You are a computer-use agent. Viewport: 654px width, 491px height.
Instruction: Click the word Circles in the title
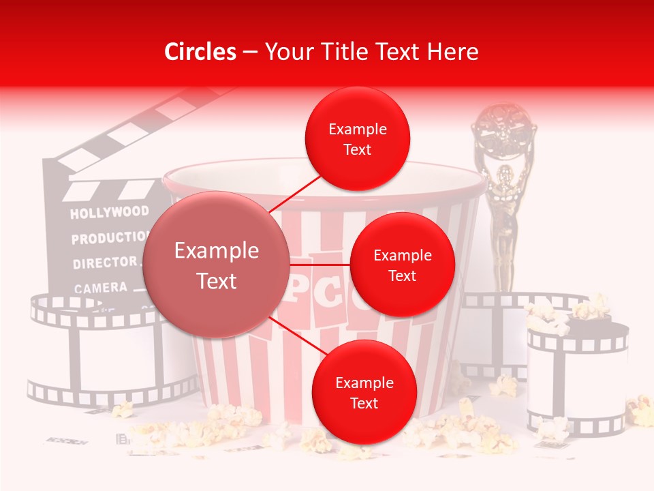pos(200,52)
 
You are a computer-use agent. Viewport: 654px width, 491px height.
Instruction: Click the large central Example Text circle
pos(217,265)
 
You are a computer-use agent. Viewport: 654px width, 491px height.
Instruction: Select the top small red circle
pos(357,139)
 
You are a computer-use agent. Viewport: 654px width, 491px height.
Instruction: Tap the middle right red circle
pos(402,265)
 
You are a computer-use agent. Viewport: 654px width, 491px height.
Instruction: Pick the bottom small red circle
pos(364,393)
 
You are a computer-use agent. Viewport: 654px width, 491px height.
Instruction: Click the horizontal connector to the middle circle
pos(320,264)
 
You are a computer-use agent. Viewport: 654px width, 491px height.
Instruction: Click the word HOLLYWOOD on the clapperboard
pos(109,213)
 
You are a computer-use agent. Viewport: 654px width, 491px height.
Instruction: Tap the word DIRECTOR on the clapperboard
pos(105,263)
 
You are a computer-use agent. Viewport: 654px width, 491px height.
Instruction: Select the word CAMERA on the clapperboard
pos(101,288)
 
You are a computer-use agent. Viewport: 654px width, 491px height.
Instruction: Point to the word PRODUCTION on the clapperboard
pos(109,238)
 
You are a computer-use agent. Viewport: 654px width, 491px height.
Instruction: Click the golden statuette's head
pos(504,173)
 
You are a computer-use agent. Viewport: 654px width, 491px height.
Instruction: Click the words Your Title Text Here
pos(371,52)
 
